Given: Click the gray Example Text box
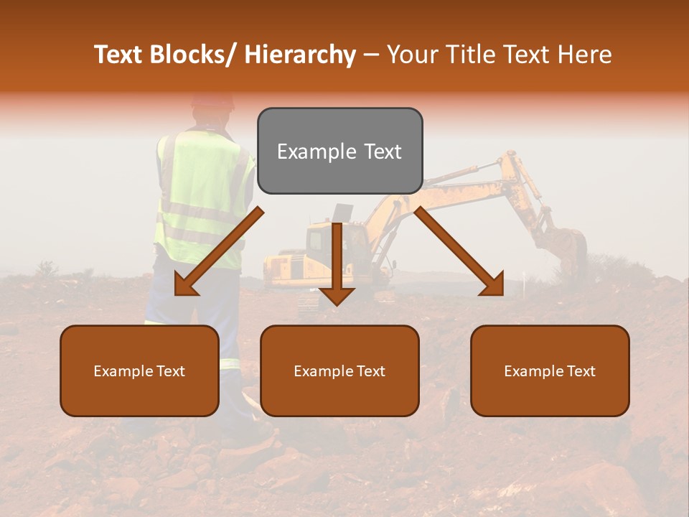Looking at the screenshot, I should click(339, 151).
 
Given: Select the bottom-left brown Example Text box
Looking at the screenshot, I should click(139, 371).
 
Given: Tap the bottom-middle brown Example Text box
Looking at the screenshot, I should click(339, 371).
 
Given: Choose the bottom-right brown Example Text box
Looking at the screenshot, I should click(550, 371).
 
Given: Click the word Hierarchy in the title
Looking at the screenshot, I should click(300, 55).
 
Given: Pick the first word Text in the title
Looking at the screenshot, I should click(119, 55).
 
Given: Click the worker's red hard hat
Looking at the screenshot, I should click(213, 100).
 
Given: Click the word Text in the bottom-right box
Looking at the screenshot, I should click(580, 371).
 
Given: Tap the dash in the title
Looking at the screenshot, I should click(371, 55).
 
